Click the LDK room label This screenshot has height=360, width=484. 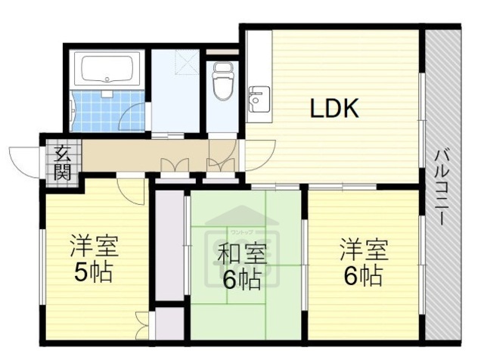(x=334, y=110)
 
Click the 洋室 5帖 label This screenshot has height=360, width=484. (x=94, y=258)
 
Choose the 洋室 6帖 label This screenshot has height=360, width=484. (x=364, y=261)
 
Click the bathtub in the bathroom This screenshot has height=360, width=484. (x=105, y=71)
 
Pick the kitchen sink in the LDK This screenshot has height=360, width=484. (x=258, y=97)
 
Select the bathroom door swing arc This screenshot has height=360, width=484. (x=132, y=117)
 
